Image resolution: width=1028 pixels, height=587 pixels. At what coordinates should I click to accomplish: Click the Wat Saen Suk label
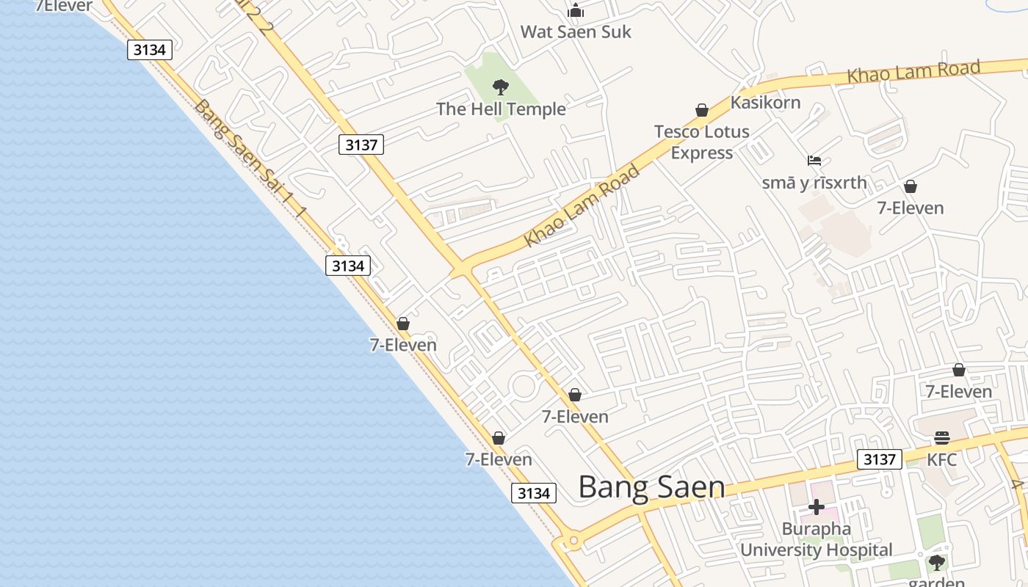point(576,32)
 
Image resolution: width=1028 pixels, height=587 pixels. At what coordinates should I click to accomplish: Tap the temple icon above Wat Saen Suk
point(576,10)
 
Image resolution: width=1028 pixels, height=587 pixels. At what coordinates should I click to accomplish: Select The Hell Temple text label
point(501,109)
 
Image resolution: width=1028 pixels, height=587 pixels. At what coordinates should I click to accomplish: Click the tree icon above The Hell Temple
point(501,87)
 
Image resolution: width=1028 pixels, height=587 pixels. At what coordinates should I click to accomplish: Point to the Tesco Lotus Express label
point(702,142)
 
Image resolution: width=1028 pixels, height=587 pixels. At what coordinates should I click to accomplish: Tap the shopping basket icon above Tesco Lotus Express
point(702,110)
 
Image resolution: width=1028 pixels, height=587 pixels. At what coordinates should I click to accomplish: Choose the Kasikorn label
point(765,103)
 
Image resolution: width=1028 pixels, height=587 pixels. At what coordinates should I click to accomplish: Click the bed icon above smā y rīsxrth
point(814,161)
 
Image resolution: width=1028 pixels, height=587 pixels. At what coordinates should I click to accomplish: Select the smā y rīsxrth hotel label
point(814,183)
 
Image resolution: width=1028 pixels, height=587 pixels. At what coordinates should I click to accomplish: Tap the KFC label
point(941,460)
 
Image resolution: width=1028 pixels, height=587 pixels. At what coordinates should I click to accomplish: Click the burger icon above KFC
point(942,438)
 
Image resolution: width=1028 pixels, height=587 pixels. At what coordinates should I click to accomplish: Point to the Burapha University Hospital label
point(816,539)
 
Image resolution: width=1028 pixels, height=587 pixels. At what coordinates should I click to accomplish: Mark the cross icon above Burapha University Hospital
point(816,507)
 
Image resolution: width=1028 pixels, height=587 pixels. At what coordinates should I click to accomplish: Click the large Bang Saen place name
point(651,487)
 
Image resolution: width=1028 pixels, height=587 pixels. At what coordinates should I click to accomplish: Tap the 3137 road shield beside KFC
point(879,459)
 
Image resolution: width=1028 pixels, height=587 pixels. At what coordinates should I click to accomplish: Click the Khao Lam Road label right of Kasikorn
point(913,72)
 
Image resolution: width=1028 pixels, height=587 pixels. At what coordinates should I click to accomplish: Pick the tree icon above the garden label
point(936,563)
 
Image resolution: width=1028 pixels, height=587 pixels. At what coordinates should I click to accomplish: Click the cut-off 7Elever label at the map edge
point(64,7)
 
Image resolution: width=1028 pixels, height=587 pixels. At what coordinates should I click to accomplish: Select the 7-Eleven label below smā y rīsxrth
point(911,208)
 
